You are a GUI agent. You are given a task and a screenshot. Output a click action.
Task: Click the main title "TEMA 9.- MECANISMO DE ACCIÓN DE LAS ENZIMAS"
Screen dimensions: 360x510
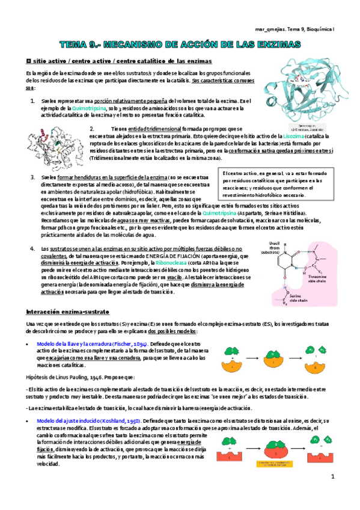point(180,45)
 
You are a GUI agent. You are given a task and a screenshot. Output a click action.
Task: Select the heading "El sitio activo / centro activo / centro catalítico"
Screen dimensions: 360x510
point(114,61)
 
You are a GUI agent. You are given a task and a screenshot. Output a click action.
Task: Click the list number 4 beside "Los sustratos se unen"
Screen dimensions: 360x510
point(31,248)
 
